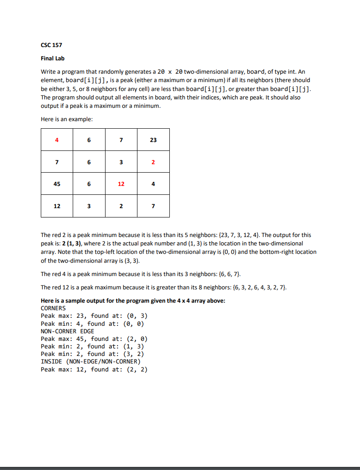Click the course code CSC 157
[51, 45]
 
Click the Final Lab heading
[53, 58]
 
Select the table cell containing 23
[153, 140]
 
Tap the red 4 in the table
[57, 140]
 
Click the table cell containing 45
[57, 184]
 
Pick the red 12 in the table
[121, 184]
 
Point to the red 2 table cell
[153, 162]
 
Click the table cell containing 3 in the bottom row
[89, 206]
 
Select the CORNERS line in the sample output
[53, 308]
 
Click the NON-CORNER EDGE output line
[67, 331]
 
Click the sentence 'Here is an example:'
[67, 119]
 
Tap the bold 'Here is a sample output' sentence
[133, 300]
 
